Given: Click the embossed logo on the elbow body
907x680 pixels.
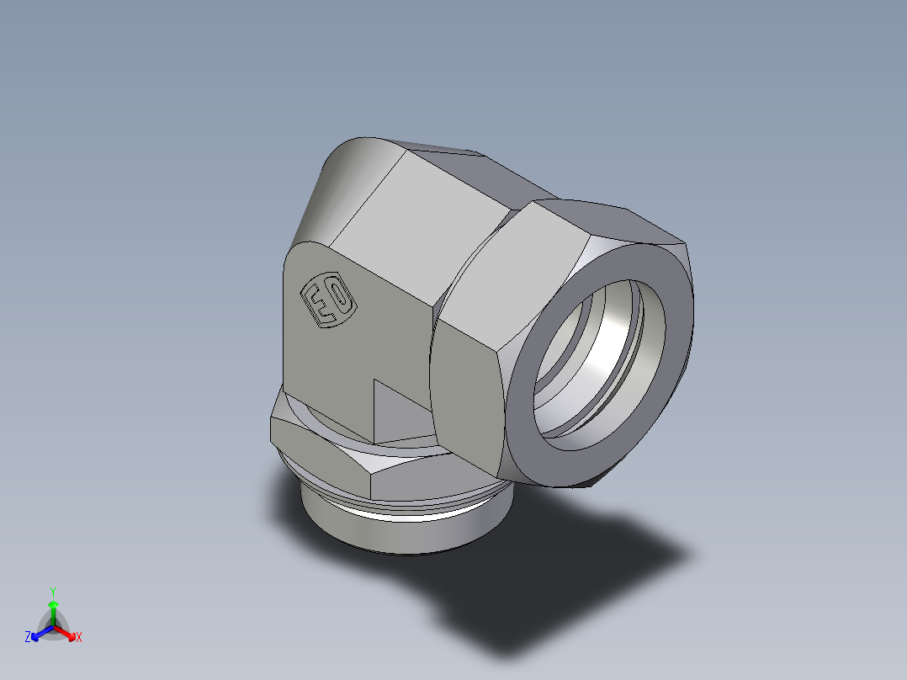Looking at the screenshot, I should pyautogui.click(x=328, y=300).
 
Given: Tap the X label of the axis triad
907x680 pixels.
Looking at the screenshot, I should pyautogui.click(x=79, y=638).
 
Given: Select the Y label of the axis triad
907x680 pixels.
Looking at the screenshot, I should pyautogui.click(x=53, y=591).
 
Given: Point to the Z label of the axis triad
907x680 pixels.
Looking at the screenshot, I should pyautogui.click(x=28, y=637).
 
